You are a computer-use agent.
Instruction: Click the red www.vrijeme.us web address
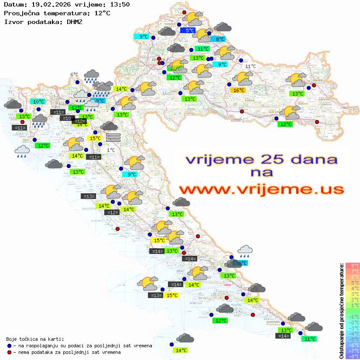pyautogui.click(x=261, y=189)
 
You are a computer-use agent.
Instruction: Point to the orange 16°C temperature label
pyautogui.click(x=238, y=90)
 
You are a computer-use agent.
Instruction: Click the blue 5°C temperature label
pyautogui.click(x=189, y=31)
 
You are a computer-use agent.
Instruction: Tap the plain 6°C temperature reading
pyautogui.click(x=74, y=75)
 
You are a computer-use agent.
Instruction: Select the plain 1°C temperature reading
pyautogui.click(x=111, y=150)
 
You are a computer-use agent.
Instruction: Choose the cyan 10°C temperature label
pyautogui.click(x=38, y=102)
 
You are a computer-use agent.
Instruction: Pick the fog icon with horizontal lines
pyautogui.click(x=113, y=137)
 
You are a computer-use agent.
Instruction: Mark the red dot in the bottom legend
pyautogui.click(x=10, y=352)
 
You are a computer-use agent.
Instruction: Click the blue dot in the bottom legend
pyautogui.click(x=10, y=346)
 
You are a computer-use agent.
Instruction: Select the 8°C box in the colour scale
pyautogui.click(x=353, y=265)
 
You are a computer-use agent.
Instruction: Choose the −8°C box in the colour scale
pyautogui.click(x=353, y=356)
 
